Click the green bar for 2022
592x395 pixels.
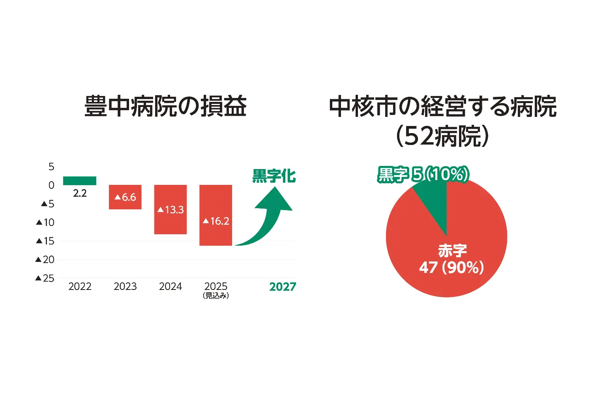80,181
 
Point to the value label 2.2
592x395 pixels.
80,193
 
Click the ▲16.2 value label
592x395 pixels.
216,221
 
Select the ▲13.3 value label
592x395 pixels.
170,209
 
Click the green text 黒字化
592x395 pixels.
274,176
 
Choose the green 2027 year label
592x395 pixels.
283,287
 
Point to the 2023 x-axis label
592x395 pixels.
125,286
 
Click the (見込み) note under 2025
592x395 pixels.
216,295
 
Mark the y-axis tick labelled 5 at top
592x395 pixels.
51,167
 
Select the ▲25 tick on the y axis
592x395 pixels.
45,278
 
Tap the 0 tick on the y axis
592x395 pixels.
51,185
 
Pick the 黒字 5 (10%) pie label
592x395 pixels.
423,174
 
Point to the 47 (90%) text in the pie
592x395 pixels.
451,267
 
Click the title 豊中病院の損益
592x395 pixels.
165,106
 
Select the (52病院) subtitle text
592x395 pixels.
442,136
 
